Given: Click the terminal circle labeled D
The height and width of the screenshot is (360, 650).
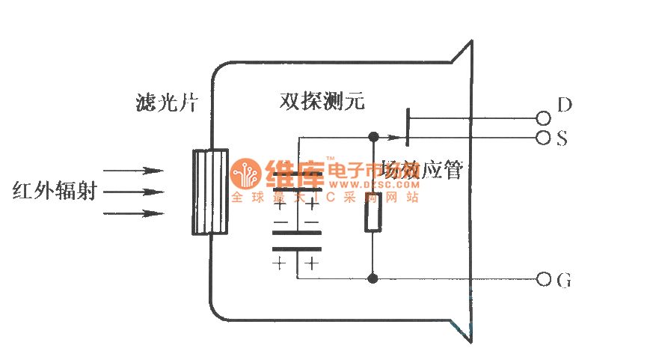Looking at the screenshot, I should pos(543,118).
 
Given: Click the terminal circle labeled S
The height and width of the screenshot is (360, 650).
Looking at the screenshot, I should pos(543,138).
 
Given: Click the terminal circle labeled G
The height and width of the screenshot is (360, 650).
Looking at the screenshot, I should pos(543,280).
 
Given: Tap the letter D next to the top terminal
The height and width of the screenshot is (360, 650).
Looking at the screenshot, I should pos(565,105).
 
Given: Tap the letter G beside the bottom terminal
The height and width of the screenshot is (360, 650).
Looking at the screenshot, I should pos(565,281).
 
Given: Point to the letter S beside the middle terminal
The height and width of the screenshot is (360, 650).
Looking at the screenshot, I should pos(562,138).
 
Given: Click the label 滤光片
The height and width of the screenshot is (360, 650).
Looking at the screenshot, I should pos(162,102).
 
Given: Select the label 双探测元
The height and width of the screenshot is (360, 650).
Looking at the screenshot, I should pos(322,102).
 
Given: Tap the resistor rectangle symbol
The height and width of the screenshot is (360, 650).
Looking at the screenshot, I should pos(373,213).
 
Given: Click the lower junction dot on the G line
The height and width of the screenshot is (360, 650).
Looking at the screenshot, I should pos(373,279).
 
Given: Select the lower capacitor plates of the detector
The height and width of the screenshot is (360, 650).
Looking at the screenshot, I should pos(296,241).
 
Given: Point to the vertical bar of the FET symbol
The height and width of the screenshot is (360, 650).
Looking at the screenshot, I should pos(407,127).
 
